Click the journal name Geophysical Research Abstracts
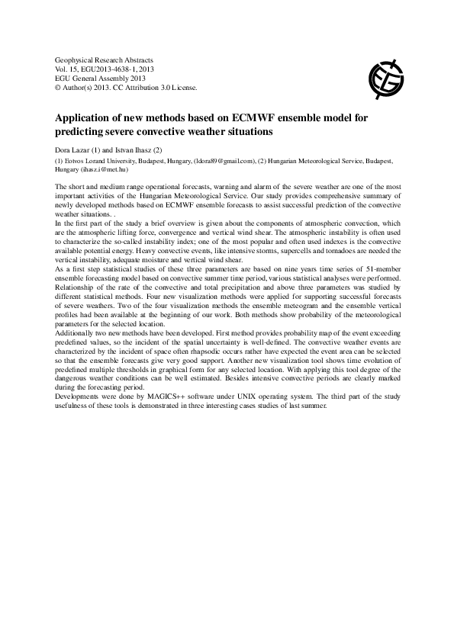(x=105, y=59)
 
